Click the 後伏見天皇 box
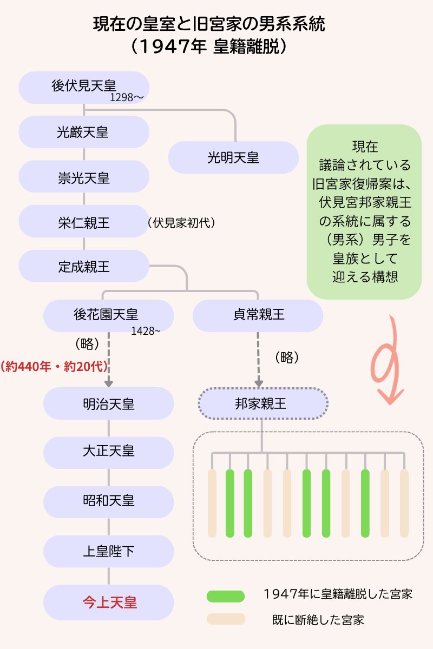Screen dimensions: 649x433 click(x=84, y=87)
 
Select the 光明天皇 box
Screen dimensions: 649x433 click(x=233, y=157)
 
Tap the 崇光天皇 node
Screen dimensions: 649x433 click(x=84, y=177)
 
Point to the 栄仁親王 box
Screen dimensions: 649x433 click(x=84, y=222)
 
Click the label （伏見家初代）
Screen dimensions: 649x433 click(x=181, y=222)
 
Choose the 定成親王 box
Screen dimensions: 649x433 click(x=84, y=266)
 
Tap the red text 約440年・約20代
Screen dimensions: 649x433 click(x=54, y=367)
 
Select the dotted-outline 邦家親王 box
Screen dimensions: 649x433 click(x=263, y=403)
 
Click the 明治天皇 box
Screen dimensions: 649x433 click(x=108, y=403)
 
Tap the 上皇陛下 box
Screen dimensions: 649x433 click(x=108, y=551)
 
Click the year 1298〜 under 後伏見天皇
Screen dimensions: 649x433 click(x=127, y=98)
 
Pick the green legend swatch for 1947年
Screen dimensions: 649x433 click(x=226, y=596)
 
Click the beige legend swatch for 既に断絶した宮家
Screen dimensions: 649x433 click(x=226, y=619)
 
